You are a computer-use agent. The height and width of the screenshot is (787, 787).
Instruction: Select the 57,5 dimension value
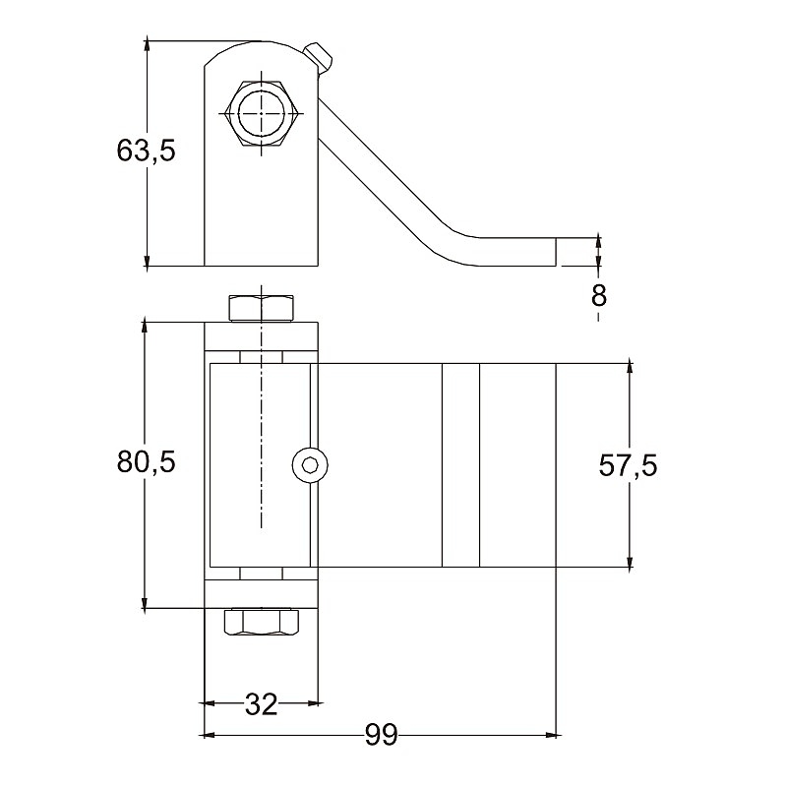(x=628, y=465)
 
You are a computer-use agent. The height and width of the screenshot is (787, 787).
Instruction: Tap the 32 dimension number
(x=261, y=703)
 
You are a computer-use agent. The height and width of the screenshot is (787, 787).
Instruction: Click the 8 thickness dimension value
(x=597, y=294)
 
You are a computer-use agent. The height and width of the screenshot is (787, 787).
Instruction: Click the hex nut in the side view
(x=262, y=114)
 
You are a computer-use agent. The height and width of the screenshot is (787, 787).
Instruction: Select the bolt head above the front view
(x=262, y=307)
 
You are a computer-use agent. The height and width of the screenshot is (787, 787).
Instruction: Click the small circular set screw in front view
(x=311, y=465)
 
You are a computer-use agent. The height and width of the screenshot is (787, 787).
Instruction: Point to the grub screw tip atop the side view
(x=320, y=57)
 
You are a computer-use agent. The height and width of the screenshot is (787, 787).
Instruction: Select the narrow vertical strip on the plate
(x=460, y=465)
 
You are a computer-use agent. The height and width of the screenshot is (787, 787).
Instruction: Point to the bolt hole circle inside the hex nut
(x=262, y=114)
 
